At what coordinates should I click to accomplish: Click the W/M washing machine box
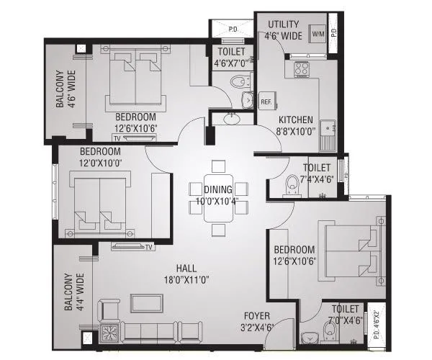318,34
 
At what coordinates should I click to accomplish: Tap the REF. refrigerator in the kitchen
266,102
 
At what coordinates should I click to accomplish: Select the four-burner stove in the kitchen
300,70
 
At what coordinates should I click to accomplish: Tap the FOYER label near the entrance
257,319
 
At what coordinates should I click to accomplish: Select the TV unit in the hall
133,247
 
